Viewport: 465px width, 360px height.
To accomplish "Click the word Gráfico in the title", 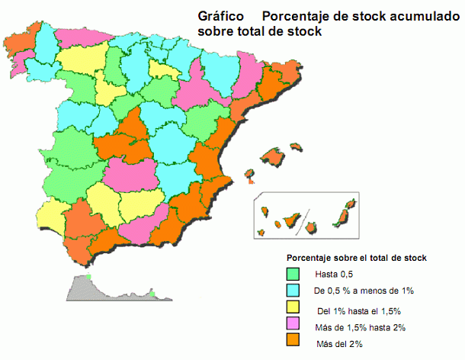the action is tap(220, 15).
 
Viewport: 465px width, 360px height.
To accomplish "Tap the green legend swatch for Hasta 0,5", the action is tap(293, 273).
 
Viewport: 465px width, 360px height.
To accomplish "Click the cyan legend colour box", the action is tap(293, 291).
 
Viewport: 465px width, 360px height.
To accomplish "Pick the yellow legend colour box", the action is tap(293, 309).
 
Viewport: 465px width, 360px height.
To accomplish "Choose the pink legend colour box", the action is tap(293, 326).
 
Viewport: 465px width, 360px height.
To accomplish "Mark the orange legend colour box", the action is tap(293, 345).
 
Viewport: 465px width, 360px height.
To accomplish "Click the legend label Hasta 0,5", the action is tap(333, 274).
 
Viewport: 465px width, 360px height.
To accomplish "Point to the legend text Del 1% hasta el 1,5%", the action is tap(358, 310).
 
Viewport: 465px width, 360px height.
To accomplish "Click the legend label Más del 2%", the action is tap(339, 346).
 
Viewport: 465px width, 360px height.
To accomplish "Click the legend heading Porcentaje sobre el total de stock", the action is tap(356, 258).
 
